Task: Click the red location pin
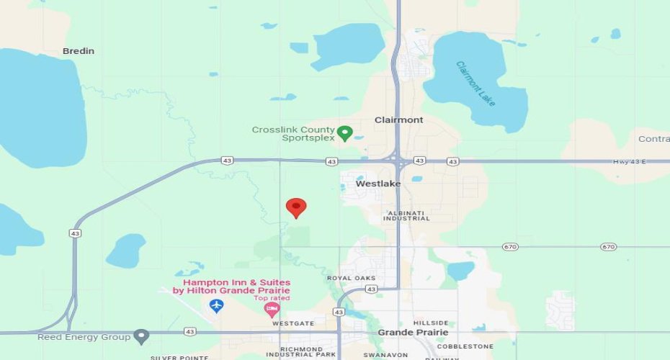(x=296, y=207)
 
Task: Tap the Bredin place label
(x=79, y=51)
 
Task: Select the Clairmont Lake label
(x=476, y=84)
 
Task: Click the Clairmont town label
(x=398, y=120)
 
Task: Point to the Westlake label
(x=378, y=184)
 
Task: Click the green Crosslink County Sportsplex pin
(x=345, y=132)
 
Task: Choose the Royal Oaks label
(x=351, y=277)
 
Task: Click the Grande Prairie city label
(x=413, y=333)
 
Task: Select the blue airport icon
(x=216, y=306)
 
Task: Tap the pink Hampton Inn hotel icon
(x=272, y=310)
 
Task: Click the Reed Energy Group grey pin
(x=142, y=336)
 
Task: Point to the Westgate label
(x=293, y=323)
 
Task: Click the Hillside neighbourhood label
(x=431, y=323)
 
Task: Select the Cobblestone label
(x=465, y=346)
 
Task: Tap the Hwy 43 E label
(x=629, y=161)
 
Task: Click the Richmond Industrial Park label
(x=300, y=351)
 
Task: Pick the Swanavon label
(x=381, y=354)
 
